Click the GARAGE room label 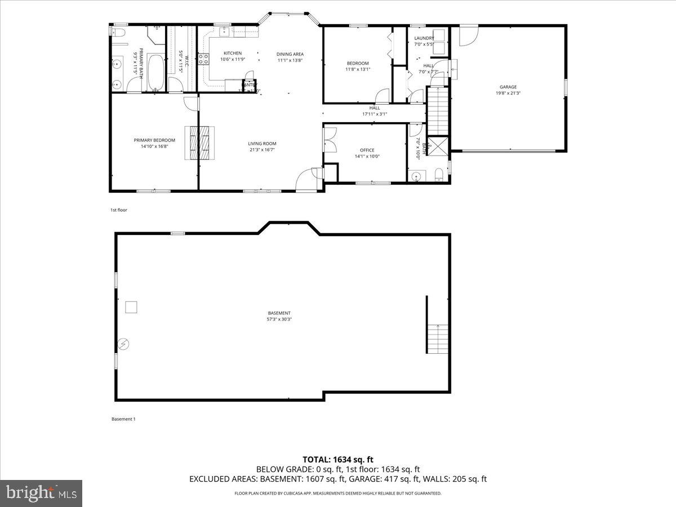[x=508, y=87]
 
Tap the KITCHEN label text [x=232, y=54]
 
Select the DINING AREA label [x=290, y=54]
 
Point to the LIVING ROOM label [x=263, y=144]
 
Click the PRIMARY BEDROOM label [x=154, y=140]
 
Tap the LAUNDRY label [x=424, y=38]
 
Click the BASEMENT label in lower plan [x=279, y=313]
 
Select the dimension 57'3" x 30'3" [x=279, y=319]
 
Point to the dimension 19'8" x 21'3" [x=508, y=93]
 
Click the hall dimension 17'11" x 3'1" [x=375, y=114]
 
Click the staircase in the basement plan [x=438, y=339]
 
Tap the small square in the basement [x=131, y=307]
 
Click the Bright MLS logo [x=41, y=493]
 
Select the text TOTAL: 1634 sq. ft [x=337, y=459]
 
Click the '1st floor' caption [x=119, y=210]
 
